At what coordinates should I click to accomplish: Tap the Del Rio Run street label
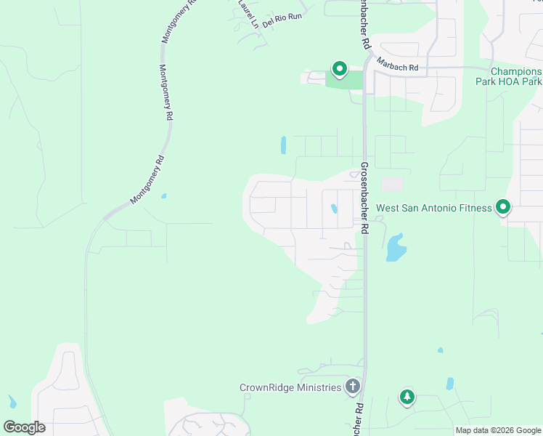[282, 20]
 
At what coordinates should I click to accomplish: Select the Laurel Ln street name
[248, 13]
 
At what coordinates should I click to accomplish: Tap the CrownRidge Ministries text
[290, 387]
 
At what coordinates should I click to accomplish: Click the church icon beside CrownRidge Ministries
[353, 386]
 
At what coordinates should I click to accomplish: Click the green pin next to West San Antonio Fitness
[503, 208]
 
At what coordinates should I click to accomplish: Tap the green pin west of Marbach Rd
[339, 69]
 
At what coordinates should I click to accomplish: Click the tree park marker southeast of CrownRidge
[407, 397]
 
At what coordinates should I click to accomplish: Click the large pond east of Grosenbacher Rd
[396, 248]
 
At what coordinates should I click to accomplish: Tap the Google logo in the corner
[24, 427]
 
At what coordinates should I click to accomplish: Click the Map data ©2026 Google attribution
[497, 430]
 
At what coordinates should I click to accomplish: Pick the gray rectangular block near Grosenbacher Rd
[392, 185]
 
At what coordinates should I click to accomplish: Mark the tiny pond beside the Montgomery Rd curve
[164, 195]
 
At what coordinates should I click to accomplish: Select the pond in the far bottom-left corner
[12, 401]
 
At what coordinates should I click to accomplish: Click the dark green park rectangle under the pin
[343, 80]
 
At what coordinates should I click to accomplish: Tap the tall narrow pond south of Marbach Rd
[283, 145]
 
